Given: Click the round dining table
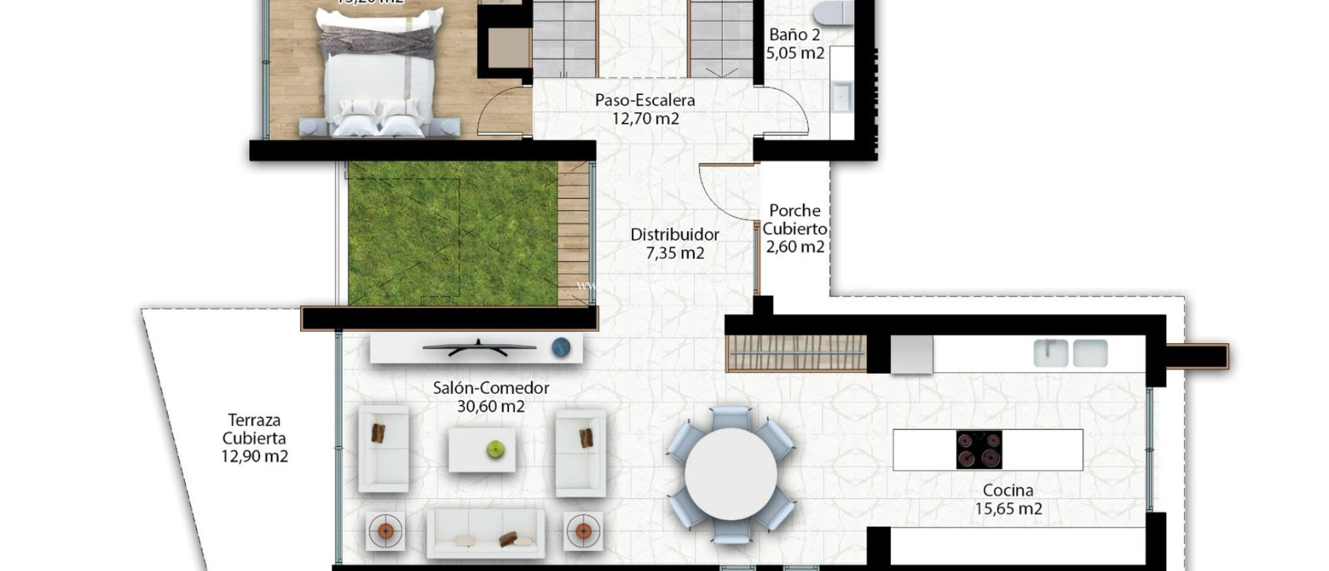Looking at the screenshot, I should pyautogui.click(x=731, y=474).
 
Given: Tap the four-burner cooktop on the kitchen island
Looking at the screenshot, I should pyautogui.click(x=979, y=450).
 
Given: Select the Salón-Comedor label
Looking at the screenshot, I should pyautogui.click(x=491, y=388).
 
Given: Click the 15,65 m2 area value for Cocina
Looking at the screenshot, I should pyautogui.click(x=1008, y=509).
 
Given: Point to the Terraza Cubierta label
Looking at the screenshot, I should pyautogui.click(x=254, y=429).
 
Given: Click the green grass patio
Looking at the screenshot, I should pyautogui.click(x=452, y=234).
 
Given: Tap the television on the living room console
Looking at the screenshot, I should pyautogui.click(x=478, y=348).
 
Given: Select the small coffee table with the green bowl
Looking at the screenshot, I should pyautogui.click(x=482, y=450).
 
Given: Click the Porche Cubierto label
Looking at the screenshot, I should pyautogui.click(x=794, y=219).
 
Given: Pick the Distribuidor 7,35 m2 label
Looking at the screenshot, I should pyautogui.click(x=674, y=243).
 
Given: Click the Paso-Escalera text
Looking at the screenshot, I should pyautogui.click(x=644, y=101).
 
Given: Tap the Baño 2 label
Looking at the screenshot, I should pyautogui.click(x=794, y=35).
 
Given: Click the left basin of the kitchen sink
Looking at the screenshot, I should pyautogui.click(x=1050, y=353).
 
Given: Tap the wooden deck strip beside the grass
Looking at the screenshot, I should pyautogui.click(x=573, y=234).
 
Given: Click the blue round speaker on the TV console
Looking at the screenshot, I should pyautogui.click(x=561, y=348).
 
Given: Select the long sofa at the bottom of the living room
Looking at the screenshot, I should pyautogui.click(x=485, y=533).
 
